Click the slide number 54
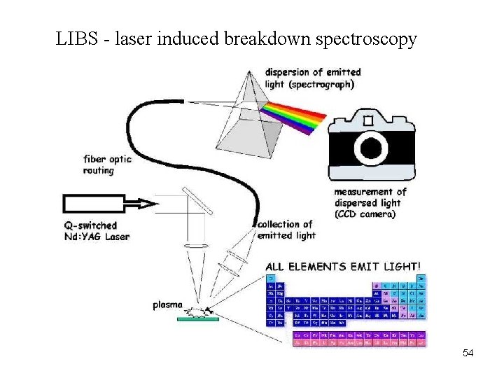(x=468, y=353)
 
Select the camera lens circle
(x=372, y=146)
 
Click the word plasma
(x=168, y=305)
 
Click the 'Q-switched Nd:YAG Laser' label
(x=97, y=231)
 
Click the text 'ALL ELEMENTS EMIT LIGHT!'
(x=344, y=266)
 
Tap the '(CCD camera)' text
(x=364, y=214)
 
